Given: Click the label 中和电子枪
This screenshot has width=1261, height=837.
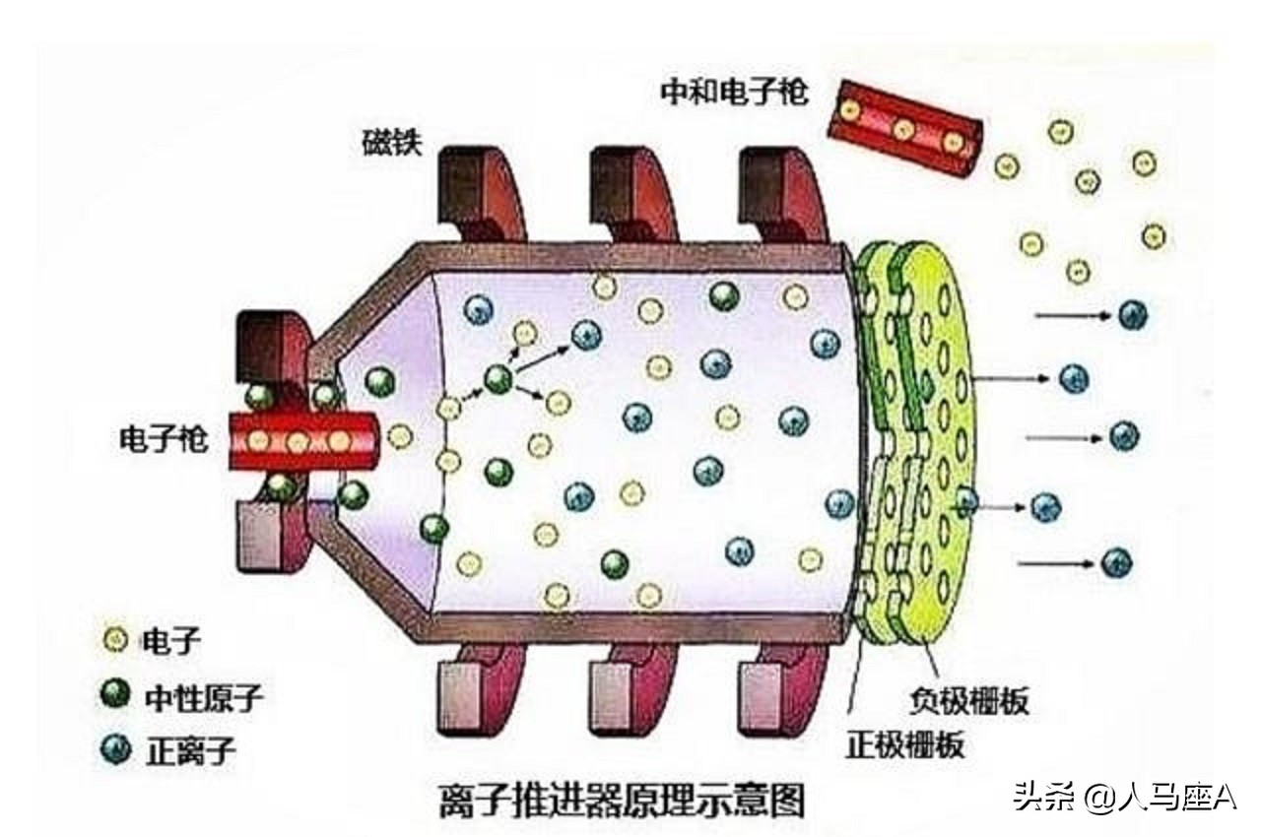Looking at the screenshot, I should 734,94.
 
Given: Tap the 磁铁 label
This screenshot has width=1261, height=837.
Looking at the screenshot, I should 391,145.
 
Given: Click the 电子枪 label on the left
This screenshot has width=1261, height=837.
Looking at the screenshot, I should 164,440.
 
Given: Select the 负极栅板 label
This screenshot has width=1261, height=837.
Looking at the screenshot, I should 968,701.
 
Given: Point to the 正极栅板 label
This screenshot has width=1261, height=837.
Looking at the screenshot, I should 904,744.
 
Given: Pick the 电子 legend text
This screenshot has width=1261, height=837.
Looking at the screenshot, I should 171,641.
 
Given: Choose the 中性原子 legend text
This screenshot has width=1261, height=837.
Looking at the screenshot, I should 204,697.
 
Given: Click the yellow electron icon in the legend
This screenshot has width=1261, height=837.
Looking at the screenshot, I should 115,641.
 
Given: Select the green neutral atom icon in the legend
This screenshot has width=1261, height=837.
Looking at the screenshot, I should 115,696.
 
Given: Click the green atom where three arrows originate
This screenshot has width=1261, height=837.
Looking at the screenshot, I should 498,377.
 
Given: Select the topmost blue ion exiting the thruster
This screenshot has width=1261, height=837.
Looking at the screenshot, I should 1133,315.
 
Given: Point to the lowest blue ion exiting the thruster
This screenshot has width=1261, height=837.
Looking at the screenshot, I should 1116,562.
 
